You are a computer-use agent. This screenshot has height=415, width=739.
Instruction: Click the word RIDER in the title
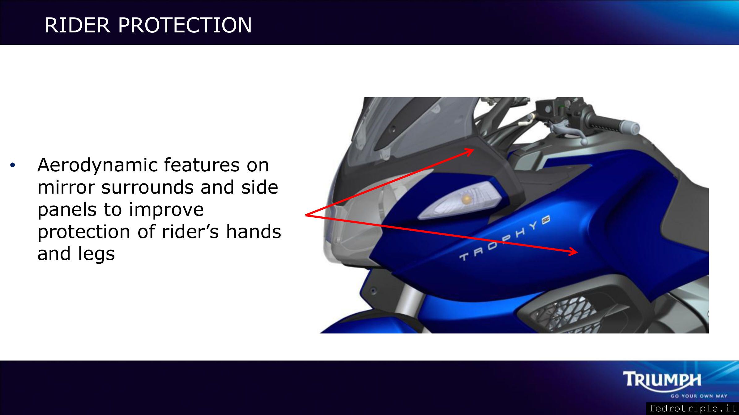point(78,25)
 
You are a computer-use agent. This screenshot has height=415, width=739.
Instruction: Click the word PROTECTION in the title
point(185,25)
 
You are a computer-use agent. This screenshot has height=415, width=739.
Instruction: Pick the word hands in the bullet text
point(254,232)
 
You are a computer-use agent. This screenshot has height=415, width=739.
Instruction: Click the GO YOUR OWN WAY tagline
point(699,396)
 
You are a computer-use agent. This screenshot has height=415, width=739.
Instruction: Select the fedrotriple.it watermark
point(693,409)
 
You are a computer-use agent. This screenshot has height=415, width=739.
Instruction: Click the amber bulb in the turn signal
point(468,200)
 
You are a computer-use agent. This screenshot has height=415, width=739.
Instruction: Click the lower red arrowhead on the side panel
point(573,252)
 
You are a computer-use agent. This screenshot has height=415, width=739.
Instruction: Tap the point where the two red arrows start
point(306,215)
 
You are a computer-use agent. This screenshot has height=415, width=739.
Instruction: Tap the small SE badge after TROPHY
point(545,219)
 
